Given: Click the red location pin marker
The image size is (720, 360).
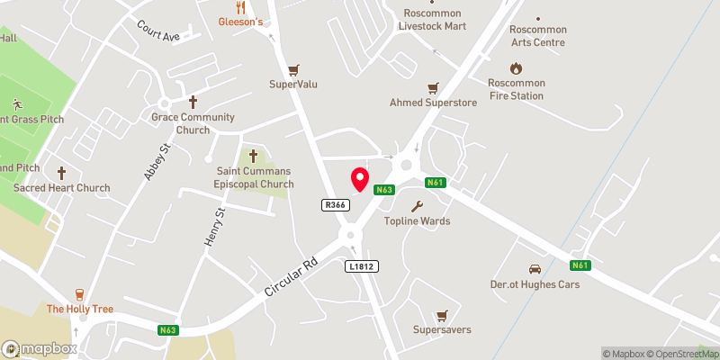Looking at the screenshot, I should [x=360, y=179].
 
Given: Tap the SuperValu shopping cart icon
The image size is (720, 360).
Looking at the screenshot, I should [x=293, y=69].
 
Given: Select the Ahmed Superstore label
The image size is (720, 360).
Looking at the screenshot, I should [x=433, y=103].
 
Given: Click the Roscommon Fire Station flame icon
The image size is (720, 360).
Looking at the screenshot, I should [x=516, y=67].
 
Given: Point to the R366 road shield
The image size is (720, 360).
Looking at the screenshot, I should [x=335, y=205].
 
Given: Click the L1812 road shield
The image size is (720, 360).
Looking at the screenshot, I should [x=359, y=266].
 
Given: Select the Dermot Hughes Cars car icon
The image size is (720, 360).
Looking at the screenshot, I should [x=535, y=269].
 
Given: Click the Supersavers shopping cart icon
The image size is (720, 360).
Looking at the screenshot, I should [x=441, y=315].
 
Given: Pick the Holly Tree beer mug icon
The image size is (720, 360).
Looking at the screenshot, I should [x=80, y=293].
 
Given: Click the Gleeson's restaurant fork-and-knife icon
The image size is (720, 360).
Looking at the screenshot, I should [x=240, y=5].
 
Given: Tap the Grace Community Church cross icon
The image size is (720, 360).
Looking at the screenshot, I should [x=193, y=103].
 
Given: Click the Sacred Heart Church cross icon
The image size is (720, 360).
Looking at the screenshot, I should [x=61, y=173].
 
